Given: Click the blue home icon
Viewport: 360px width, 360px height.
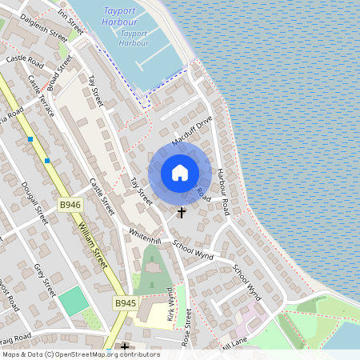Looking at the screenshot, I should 180,173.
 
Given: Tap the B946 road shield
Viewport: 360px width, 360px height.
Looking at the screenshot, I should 70,205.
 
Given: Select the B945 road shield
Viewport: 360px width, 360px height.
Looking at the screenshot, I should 125,303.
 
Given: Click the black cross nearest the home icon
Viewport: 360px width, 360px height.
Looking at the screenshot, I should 182,212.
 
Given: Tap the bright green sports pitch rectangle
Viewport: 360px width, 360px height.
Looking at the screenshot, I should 73,302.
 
